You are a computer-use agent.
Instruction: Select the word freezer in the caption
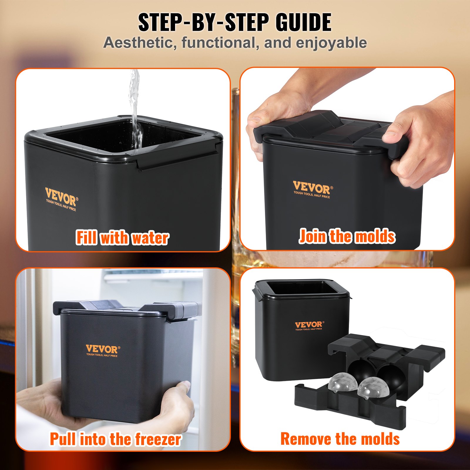click(158, 439)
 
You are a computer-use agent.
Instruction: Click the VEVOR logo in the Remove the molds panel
click(308, 325)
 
